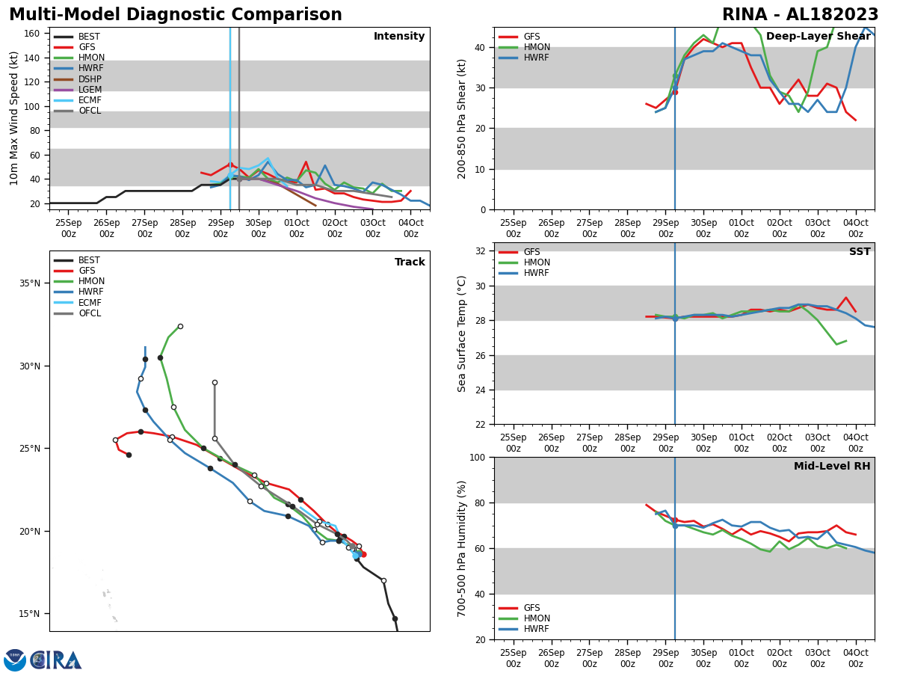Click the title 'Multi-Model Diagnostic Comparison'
tap(176, 15)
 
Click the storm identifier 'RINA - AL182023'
tap(800, 15)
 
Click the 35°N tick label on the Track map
tap(29, 283)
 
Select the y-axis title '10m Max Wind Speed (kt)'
tap(14, 118)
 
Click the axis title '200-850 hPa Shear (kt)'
tap(463, 118)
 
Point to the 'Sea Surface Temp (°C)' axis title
tap(463, 334)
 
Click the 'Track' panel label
tap(410, 262)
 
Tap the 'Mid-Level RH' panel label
tap(832, 467)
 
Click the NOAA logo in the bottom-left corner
tap(15, 660)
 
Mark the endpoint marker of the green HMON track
tap(180, 326)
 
